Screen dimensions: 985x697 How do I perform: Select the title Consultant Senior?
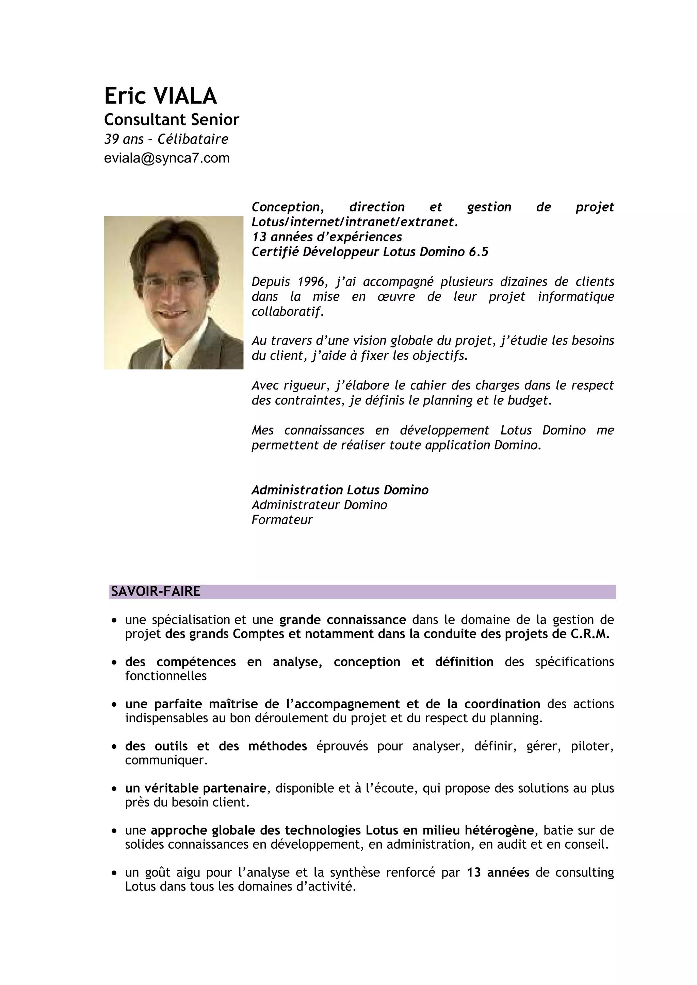point(171,120)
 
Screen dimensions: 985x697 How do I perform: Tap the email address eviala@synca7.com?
point(167,158)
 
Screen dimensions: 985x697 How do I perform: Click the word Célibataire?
point(193,139)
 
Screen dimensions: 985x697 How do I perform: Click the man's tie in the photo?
point(167,363)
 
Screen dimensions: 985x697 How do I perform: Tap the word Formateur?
point(282,520)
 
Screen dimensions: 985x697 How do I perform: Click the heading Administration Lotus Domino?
point(340,490)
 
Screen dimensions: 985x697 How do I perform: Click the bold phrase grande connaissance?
point(342,620)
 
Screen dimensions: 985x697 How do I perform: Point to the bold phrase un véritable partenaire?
point(195,789)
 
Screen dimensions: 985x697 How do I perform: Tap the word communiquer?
point(166,761)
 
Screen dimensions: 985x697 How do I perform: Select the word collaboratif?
point(287,311)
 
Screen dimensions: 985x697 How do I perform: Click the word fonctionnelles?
point(166,676)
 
